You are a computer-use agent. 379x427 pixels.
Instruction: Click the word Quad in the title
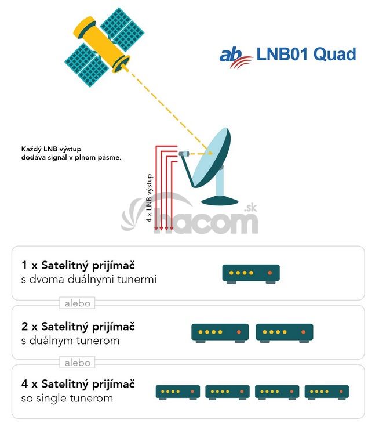(335, 55)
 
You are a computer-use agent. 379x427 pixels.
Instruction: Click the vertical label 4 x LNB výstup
(150, 198)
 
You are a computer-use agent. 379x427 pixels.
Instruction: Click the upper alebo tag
(78, 303)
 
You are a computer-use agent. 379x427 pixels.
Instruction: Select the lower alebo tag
(78, 362)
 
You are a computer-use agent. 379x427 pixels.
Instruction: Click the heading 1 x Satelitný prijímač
(78, 266)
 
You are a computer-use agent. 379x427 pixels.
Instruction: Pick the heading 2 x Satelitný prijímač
(78, 326)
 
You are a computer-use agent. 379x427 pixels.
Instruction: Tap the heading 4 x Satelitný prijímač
(78, 384)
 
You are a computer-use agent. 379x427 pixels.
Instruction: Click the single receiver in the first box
(251, 273)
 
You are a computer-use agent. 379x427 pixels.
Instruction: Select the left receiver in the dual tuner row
(220, 332)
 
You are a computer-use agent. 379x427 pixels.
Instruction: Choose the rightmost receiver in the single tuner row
(326, 392)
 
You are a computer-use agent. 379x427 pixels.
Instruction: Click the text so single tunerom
(67, 399)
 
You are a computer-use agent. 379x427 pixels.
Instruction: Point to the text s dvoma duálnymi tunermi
(89, 280)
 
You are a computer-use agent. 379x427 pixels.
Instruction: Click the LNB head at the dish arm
(184, 154)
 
